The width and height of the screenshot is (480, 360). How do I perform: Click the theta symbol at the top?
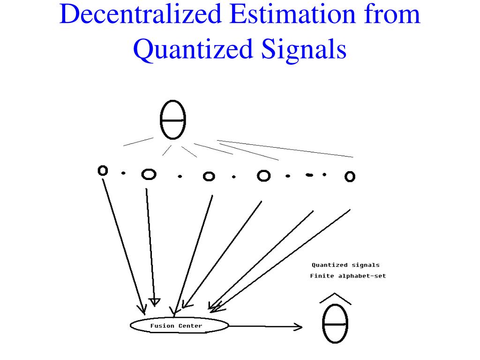[173, 120]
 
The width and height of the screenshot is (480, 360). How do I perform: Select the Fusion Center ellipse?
[179, 326]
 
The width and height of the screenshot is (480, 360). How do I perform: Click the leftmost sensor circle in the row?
[103, 171]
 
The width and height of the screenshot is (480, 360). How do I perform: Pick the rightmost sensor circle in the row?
[350, 176]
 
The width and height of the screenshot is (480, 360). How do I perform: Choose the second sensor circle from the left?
[149, 174]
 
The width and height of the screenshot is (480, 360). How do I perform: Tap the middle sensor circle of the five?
[209, 177]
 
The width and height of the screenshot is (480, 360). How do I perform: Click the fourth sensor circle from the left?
[264, 175]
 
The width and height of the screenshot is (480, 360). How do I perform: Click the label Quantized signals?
[345, 265]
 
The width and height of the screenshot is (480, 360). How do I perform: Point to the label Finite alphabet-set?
[348, 276]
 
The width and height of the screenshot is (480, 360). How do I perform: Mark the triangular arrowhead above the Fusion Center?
[154, 301]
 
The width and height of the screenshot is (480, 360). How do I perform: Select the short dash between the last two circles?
[309, 175]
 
